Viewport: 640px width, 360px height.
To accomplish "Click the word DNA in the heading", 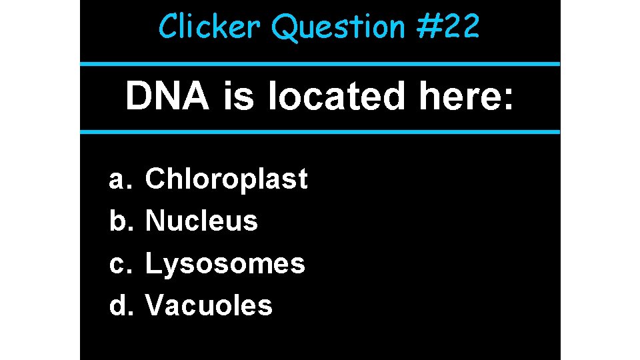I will (x=167, y=97).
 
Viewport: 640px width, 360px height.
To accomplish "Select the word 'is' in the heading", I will (x=238, y=97).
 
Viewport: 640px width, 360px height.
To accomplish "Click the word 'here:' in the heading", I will (x=466, y=97).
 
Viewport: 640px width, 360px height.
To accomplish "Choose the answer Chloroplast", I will (x=226, y=179).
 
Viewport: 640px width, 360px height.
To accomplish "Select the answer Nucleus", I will (x=201, y=221).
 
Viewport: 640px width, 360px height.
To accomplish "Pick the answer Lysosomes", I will (x=225, y=264).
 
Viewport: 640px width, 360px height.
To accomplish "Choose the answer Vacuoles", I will (x=209, y=306).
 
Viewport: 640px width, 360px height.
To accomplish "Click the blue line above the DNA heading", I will (x=320, y=64).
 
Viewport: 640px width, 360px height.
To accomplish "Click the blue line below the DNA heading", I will (x=320, y=131).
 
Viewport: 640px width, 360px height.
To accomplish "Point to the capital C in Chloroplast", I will (x=155, y=179).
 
